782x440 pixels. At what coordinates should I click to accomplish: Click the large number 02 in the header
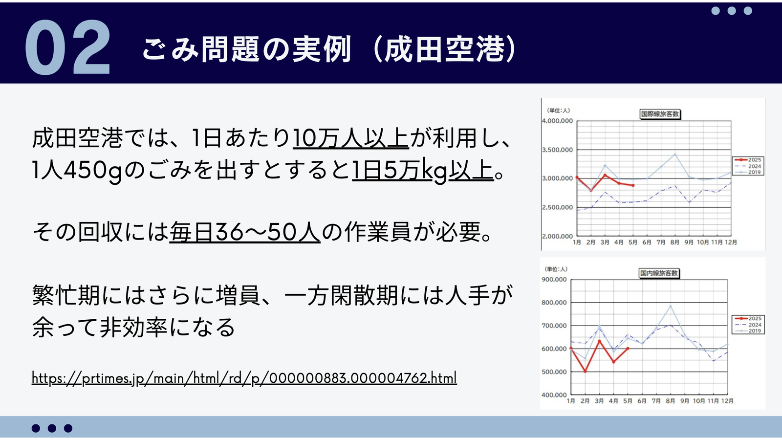[x=68, y=47]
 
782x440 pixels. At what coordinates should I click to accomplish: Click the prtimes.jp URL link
[x=244, y=378]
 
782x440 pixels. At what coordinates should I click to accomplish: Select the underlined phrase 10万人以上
[x=351, y=138]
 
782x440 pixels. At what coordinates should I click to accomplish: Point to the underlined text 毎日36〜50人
[x=245, y=232]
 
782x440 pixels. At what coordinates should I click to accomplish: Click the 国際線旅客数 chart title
[x=660, y=114]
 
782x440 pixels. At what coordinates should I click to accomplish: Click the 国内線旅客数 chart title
[x=659, y=273]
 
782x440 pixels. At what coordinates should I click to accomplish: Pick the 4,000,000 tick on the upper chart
[x=558, y=121]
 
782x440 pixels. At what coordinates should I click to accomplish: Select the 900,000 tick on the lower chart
[x=554, y=279]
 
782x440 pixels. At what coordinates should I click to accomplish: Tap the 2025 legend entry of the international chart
[x=748, y=160]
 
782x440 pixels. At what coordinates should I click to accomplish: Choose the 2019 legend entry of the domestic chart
[x=748, y=331]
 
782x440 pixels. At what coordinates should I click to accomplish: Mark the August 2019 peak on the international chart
[x=675, y=154]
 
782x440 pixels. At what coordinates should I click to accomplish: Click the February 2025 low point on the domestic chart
[x=586, y=372]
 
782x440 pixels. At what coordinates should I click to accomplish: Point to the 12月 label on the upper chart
[x=731, y=242]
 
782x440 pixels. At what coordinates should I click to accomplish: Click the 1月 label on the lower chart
[x=571, y=401]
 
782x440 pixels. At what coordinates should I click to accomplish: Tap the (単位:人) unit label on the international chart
[x=559, y=110]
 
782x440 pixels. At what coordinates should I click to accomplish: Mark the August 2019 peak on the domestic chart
[x=670, y=306]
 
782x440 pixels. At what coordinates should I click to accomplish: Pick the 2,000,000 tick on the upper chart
[x=558, y=236]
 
